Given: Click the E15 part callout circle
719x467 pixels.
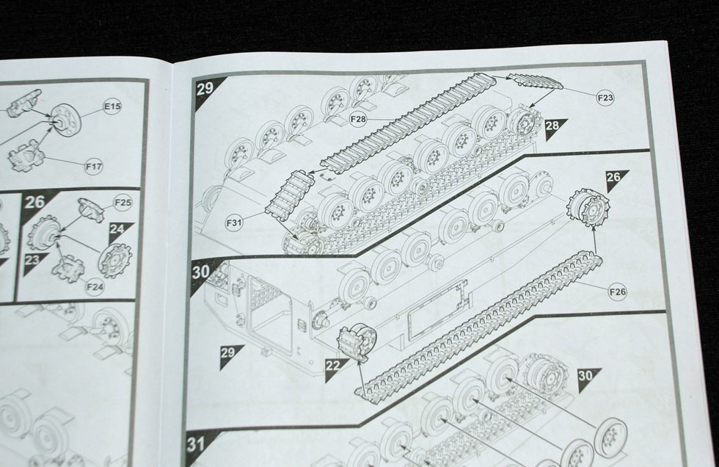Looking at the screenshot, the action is point(112,107).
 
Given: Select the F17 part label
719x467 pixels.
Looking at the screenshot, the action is point(94,167).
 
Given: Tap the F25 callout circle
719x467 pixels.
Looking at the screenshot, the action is point(123,203).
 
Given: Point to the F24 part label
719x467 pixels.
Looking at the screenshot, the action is point(95,287).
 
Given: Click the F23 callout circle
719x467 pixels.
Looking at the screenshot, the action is point(605,97).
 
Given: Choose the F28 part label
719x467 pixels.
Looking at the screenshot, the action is point(358,120).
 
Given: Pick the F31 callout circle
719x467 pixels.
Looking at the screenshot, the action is point(234,223).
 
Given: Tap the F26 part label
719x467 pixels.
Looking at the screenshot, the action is point(617,292).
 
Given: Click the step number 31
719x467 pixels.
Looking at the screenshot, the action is point(197,444).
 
